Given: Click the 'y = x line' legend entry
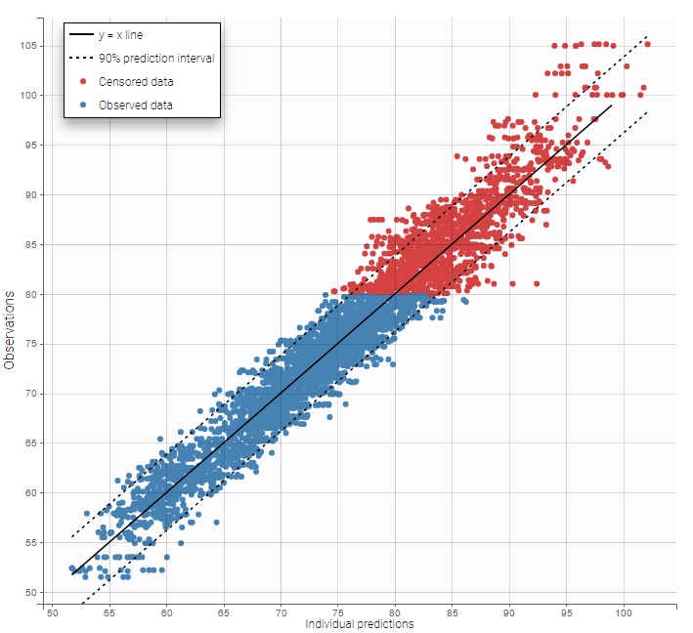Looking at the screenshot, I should coord(121,35).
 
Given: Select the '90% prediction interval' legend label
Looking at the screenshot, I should coord(156,58).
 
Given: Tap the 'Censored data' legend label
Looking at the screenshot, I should coord(136,81).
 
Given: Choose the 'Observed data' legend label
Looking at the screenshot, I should coord(137,104).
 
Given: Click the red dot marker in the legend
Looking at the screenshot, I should coord(82,81).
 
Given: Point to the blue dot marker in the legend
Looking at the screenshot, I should coord(82,104).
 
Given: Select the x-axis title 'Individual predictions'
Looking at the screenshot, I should coord(359,623).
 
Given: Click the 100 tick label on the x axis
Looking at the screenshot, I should coord(623,613).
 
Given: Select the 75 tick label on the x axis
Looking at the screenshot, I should coord(337,613).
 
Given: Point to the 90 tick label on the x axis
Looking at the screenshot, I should coord(509,613).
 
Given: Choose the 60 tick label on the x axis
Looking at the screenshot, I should coord(165,613).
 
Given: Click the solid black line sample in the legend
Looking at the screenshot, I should coord(81,35).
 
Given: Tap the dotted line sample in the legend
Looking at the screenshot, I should coord(81,58).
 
